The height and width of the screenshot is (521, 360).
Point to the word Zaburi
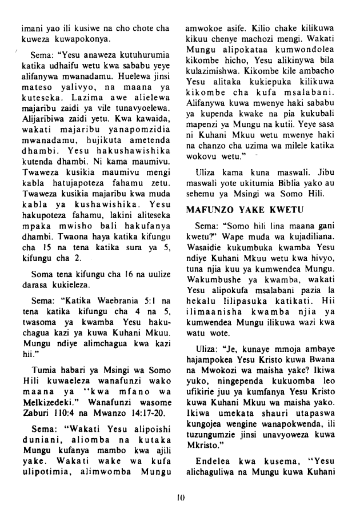pyautogui.click(x=33, y=405)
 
